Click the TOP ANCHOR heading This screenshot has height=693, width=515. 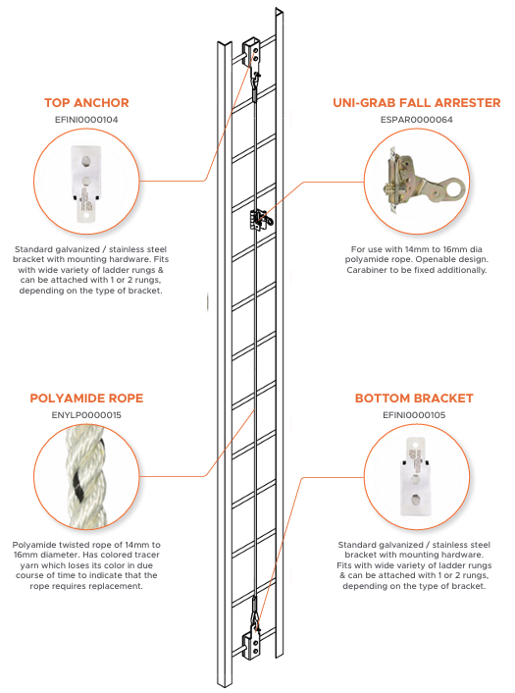[x=86, y=103]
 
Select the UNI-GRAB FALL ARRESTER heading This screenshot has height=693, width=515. [x=417, y=103]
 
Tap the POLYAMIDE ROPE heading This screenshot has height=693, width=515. [x=86, y=399]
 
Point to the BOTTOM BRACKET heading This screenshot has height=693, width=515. [x=414, y=399]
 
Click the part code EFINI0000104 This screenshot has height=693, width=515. [x=86, y=120]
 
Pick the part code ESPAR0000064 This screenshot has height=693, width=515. [x=417, y=120]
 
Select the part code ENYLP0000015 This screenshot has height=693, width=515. [x=86, y=415]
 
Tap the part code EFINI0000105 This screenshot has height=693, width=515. [x=414, y=415]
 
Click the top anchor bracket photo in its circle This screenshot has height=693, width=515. [x=86, y=184]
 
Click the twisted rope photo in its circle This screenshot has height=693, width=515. [x=86, y=476]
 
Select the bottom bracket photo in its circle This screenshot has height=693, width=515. [x=414, y=476]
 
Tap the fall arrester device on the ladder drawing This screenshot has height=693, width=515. [x=261, y=220]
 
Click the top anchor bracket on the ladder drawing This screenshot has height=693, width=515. [x=252, y=52]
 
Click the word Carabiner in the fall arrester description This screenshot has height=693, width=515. [x=367, y=270]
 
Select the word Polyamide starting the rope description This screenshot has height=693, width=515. [x=35, y=545]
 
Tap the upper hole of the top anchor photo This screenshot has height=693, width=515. [x=85, y=162]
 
